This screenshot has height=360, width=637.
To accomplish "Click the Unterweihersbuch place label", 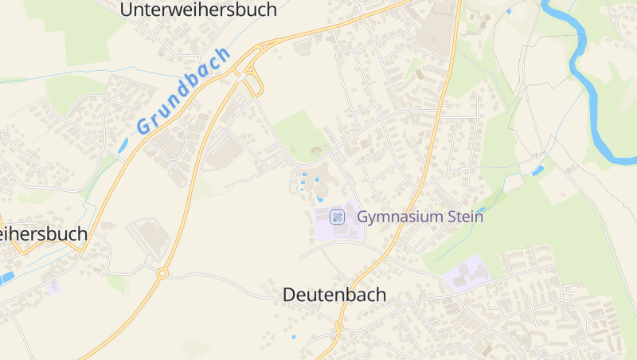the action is (x=198, y=10).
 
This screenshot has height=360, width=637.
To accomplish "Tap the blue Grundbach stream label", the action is (x=182, y=90).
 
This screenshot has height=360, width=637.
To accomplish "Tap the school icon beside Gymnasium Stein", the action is (x=338, y=216).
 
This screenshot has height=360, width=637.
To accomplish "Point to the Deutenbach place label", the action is (x=334, y=295).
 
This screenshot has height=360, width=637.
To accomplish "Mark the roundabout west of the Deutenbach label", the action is (x=162, y=273).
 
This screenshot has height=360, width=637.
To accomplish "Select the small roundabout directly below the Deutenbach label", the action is (x=338, y=326).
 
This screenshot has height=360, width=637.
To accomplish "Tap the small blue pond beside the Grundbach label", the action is (x=123, y=146).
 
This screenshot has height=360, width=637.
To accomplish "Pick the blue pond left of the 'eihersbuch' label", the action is (x=6, y=277).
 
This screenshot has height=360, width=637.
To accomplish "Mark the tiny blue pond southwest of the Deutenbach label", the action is (x=294, y=337).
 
